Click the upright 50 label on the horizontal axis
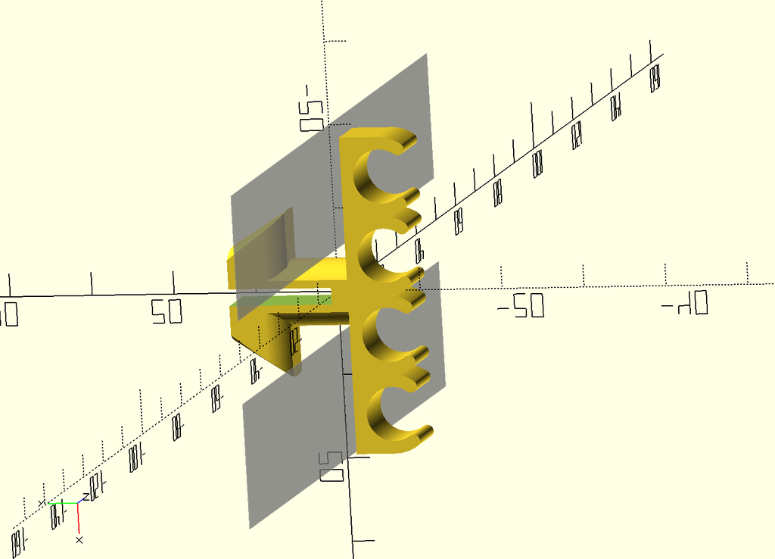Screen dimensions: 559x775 coord(167,311)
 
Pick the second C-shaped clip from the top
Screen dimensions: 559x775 coord(378,255)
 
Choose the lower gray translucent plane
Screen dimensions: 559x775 coord(303,432)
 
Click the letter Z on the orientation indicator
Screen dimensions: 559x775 coord(86,496)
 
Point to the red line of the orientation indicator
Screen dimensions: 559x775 coord(78,518)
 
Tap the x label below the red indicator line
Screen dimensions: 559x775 coord(79,539)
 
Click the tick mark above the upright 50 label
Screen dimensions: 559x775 coord(174,282)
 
